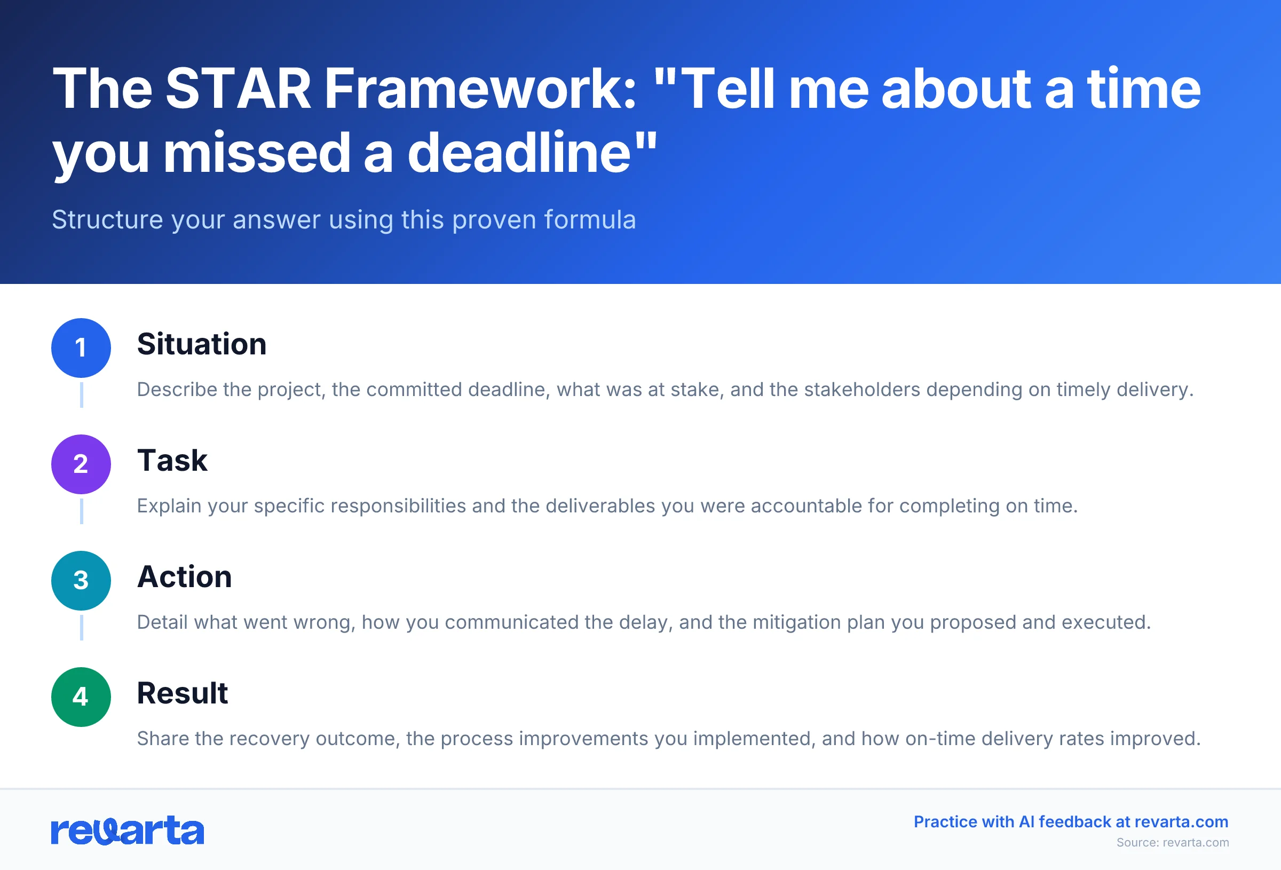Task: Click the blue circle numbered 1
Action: click(x=81, y=348)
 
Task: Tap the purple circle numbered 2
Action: click(x=81, y=464)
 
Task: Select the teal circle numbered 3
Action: click(x=81, y=581)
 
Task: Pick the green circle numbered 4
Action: click(x=81, y=697)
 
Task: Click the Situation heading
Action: click(x=202, y=344)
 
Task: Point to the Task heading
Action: click(x=172, y=461)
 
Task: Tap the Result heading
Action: click(x=182, y=693)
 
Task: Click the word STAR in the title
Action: click(x=238, y=89)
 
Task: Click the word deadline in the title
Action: click(x=519, y=153)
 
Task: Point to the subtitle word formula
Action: click(x=590, y=219)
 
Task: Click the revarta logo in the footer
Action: click(x=128, y=831)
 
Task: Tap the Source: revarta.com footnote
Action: click(x=1173, y=842)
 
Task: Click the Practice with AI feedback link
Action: click(x=1071, y=821)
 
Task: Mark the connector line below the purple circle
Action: click(x=82, y=511)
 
